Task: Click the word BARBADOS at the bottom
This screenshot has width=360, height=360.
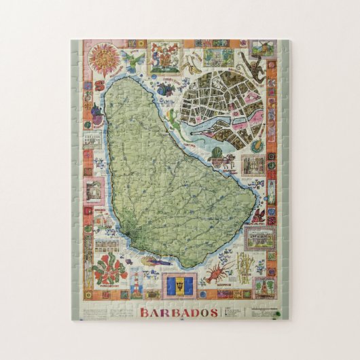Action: coord(180,313)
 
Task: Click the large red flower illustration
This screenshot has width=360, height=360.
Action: coord(109,268)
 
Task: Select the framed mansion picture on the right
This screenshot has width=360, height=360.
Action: coord(259,238)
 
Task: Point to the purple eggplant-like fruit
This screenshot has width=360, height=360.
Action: coord(96,120)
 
